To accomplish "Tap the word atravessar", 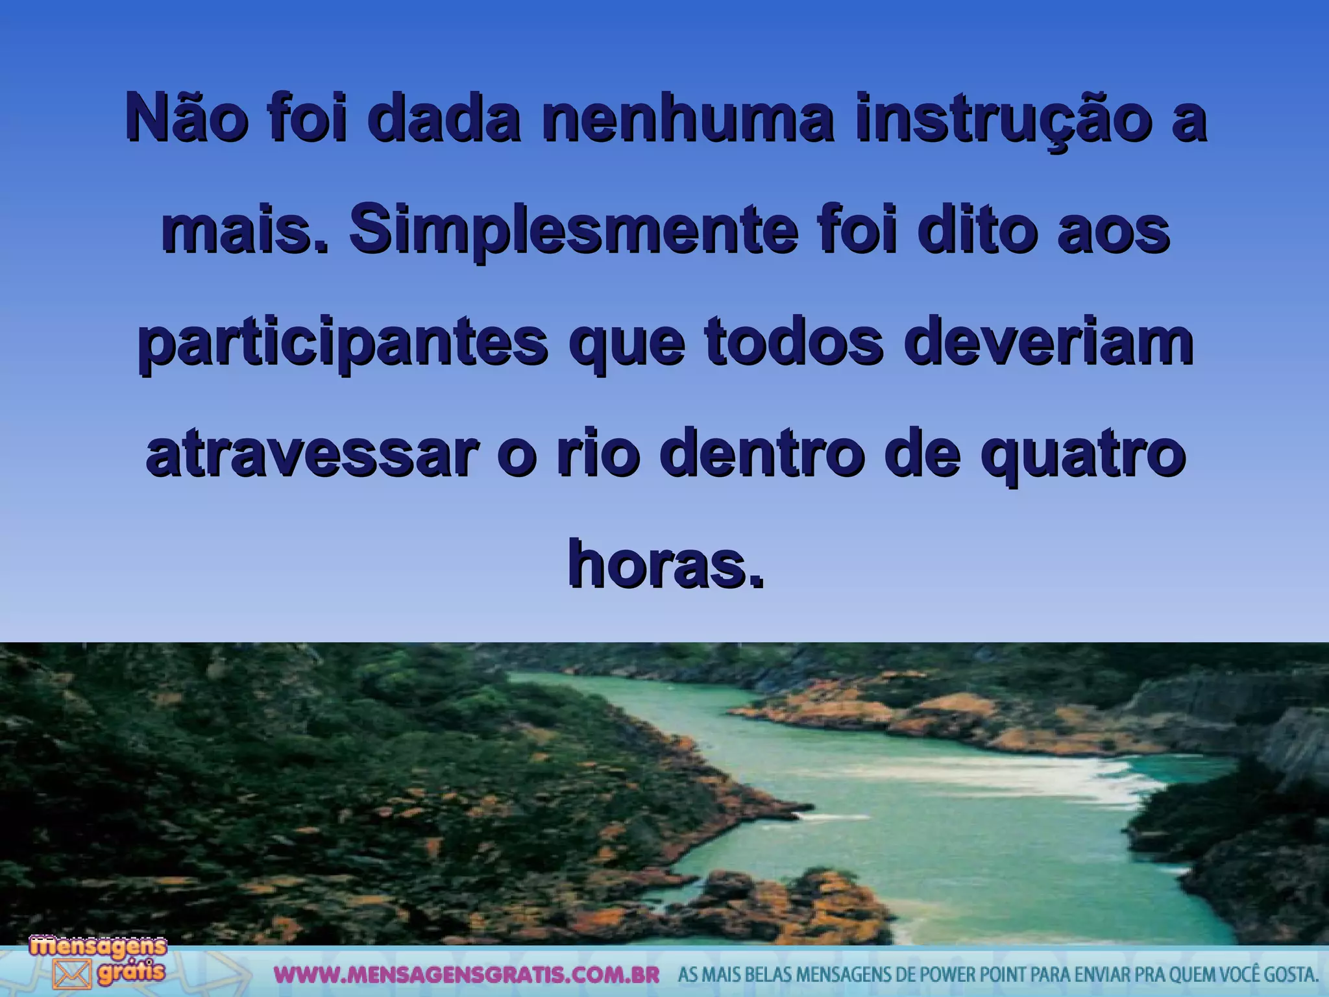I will click(313, 454).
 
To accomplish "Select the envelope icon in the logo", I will click(71, 974).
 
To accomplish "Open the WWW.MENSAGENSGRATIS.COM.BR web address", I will click(466, 975).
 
